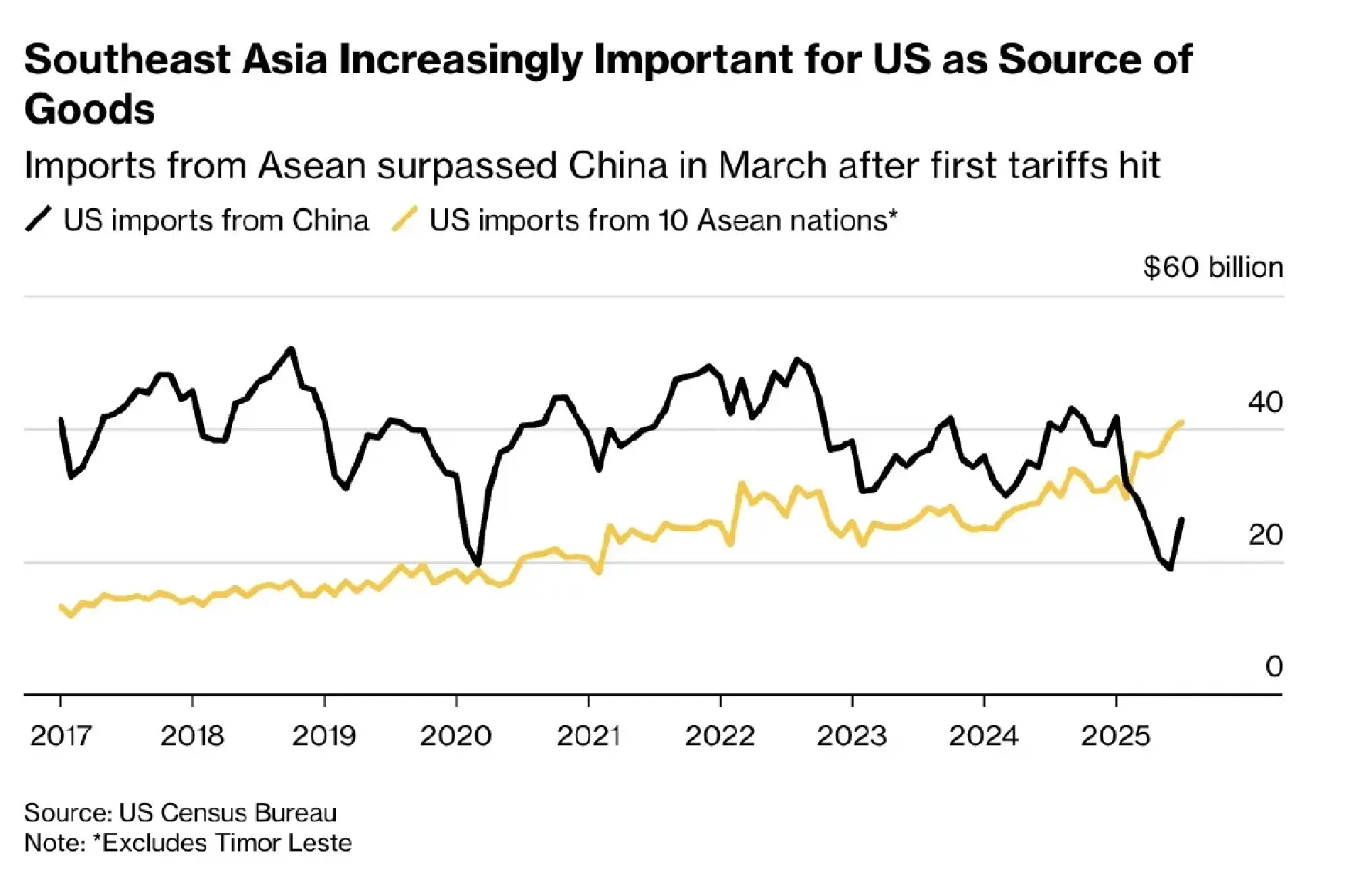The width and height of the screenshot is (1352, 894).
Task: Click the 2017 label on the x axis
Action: pyautogui.click(x=60, y=736)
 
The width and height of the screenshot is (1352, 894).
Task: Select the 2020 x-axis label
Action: pyautogui.click(x=456, y=736)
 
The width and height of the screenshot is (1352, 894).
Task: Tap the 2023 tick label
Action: pyautogui.click(x=852, y=736)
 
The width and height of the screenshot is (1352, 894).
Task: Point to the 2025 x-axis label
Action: pyautogui.click(x=1115, y=736)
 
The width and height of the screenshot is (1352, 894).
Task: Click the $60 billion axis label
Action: pyautogui.click(x=1213, y=268)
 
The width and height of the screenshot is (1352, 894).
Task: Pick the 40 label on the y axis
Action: pyautogui.click(x=1265, y=403)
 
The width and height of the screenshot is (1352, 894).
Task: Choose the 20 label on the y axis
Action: pyautogui.click(x=1265, y=535)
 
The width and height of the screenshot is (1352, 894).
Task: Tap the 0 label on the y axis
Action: pyautogui.click(x=1274, y=667)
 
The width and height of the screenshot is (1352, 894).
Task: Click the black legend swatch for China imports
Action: pyautogui.click(x=39, y=220)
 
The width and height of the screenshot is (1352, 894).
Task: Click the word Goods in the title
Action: pyautogui.click(x=89, y=109)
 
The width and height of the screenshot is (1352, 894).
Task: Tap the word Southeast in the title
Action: pyautogui.click(x=127, y=59)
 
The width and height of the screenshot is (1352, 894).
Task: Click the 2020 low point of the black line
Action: pyautogui.click(x=478, y=564)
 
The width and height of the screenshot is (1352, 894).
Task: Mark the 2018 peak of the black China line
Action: pyautogui.click(x=291, y=349)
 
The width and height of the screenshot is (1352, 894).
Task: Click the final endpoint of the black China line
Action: pyautogui.click(x=1182, y=520)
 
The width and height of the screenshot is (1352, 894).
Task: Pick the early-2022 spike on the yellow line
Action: pyautogui.click(x=742, y=483)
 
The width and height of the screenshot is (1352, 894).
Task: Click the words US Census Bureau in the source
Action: pyautogui.click(x=228, y=813)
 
